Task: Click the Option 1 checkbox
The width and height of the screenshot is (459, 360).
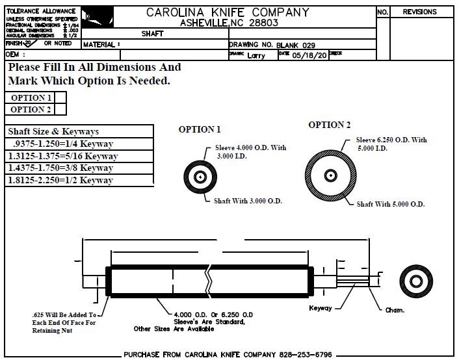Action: [x=60, y=98]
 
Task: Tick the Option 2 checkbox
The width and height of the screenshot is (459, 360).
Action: [x=60, y=110]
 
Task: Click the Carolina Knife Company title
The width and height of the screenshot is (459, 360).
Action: [x=228, y=12]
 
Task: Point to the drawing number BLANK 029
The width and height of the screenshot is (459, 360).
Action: [x=300, y=45]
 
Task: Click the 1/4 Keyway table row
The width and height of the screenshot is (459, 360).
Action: [x=80, y=144]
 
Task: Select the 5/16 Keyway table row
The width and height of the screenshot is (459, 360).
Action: [x=80, y=156]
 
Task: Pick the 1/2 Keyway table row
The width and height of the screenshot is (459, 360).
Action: [x=80, y=180]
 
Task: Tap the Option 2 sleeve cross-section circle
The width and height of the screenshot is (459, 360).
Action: [x=332, y=175]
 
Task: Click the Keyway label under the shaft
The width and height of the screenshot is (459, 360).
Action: [x=321, y=307]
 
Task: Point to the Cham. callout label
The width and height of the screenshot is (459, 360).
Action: [x=395, y=310]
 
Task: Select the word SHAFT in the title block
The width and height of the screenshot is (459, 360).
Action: [x=152, y=34]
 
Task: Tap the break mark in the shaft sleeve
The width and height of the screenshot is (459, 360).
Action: [x=208, y=281]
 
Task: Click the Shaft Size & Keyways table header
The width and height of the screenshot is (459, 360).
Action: [x=53, y=131]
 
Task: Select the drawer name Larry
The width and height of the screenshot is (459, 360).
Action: [x=256, y=55]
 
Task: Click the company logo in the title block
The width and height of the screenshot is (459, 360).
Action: [x=97, y=18]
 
